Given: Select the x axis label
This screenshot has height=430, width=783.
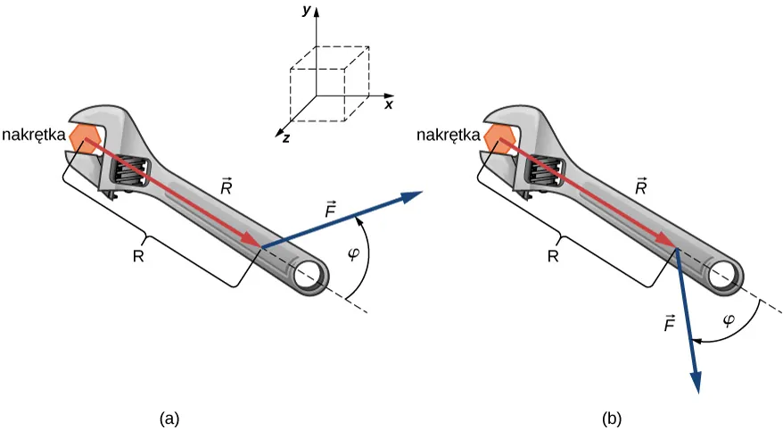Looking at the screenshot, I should [389, 104].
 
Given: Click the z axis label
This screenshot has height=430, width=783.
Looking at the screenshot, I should [285, 138].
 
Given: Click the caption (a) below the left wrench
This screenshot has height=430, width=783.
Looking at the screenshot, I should [169, 416].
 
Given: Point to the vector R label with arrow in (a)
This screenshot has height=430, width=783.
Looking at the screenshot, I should [227, 186].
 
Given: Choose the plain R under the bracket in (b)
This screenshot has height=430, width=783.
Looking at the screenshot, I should [553, 257].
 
